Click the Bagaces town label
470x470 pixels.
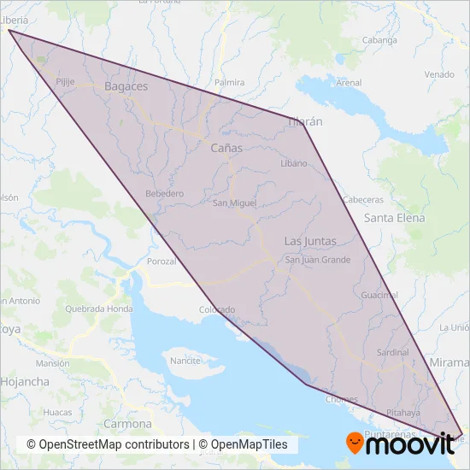pos(126,86)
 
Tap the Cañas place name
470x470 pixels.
pos(226,148)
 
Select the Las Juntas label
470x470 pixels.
pos(309,241)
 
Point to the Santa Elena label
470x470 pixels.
pos(394,218)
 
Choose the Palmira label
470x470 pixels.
pos(230,83)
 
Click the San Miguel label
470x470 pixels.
pos(233,203)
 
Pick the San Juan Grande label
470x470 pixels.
pos(312,260)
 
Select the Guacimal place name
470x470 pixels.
pos(379,295)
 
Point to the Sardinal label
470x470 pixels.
pos(393,352)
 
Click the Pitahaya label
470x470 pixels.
pos(404,413)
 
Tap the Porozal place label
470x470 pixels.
pos(162,261)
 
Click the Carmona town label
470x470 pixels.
pos(126,424)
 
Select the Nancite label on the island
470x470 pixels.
pos(185,361)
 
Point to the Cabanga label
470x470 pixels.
pos(379,40)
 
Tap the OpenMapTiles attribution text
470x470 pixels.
pos(249,445)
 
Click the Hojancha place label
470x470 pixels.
pos(25,382)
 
